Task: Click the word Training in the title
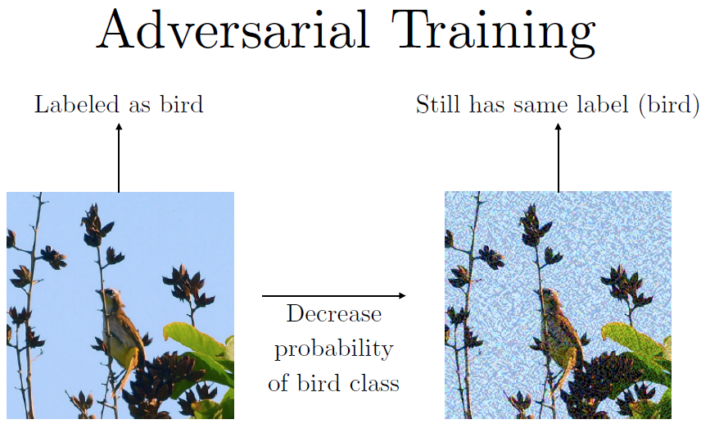[493, 34]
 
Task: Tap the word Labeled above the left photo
[77, 104]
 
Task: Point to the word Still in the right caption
[437, 104]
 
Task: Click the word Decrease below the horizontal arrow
[334, 314]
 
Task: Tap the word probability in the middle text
[334, 349]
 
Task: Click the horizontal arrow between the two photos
[334, 295]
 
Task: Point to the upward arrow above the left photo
[119, 158]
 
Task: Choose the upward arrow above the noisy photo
[558, 158]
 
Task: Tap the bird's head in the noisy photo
[548, 296]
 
